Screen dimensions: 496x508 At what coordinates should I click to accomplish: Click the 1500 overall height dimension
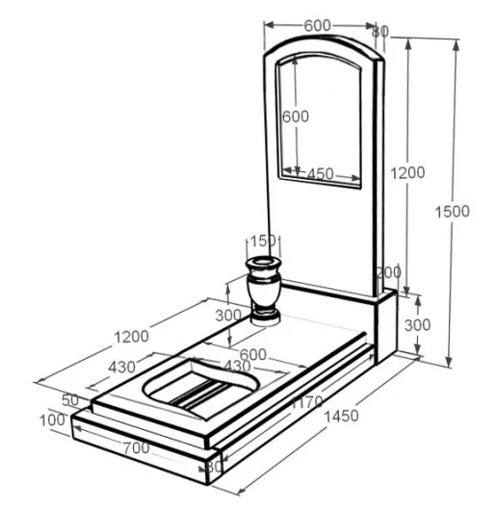pyautogui.click(x=452, y=212)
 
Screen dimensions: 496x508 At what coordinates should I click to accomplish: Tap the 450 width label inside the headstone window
pyautogui.click(x=320, y=174)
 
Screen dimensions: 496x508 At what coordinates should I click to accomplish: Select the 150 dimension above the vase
pyautogui.click(x=263, y=241)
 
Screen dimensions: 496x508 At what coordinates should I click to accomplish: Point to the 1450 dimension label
pyautogui.click(x=341, y=416)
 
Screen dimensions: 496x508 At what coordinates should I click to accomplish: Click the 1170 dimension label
pyautogui.click(x=306, y=402)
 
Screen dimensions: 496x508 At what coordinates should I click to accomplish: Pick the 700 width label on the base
pyautogui.click(x=136, y=448)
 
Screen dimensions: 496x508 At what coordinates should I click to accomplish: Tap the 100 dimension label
pyautogui.click(x=52, y=420)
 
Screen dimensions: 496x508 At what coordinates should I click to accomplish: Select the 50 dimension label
pyautogui.click(x=70, y=400)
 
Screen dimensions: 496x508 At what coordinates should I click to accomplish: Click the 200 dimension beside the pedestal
pyautogui.click(x=388, y=272)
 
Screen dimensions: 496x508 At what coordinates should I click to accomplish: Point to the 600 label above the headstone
pyautogui.click(x=318, y=26)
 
